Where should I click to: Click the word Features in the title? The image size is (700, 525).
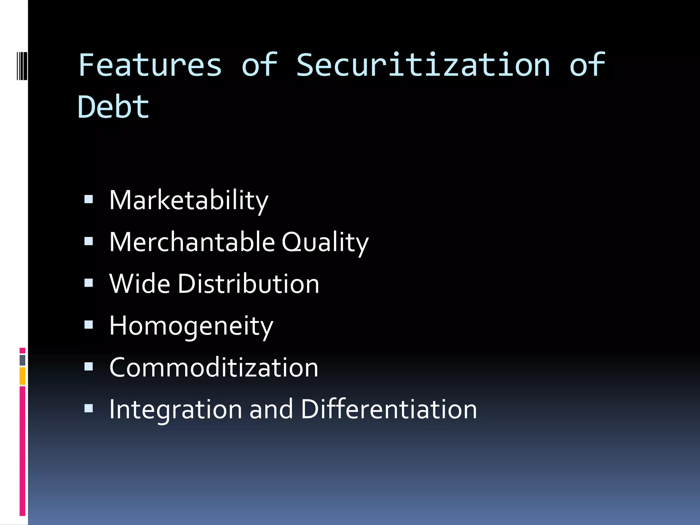coord(150,65)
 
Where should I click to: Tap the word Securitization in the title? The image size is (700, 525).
coord(423,65)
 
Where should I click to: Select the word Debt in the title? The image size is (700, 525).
coord(113,107)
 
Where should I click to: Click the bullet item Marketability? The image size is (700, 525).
coord(189,200)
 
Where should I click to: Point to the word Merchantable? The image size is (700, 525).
coord(192,242)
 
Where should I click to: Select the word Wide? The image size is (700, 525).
coord(139,284)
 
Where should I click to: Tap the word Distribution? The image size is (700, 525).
coord(248,284)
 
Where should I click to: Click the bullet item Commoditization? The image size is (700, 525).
coord(214,368)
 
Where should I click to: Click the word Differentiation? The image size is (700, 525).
coord(389,409)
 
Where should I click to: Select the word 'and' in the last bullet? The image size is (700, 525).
coord(271,409)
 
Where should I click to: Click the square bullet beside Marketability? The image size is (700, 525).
coord(89,199)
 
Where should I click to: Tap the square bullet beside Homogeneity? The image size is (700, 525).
coord(89,325)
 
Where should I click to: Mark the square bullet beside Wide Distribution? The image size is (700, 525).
coord(89,283)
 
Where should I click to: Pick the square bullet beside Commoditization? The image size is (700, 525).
coord(89,367)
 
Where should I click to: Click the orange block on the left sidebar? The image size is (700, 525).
coord(22,376)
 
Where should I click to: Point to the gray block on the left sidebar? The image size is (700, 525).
coord(22,360)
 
